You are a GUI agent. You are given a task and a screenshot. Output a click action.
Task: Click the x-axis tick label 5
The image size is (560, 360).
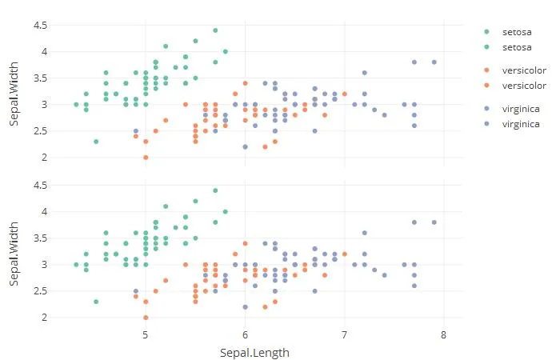[145, 336]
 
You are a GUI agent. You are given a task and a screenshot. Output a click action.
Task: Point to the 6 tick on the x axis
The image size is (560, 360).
[245, 336]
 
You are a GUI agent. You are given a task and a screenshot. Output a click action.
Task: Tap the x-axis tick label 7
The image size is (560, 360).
[345, 336]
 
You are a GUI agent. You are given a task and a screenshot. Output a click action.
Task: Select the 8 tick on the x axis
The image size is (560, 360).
[444, 336]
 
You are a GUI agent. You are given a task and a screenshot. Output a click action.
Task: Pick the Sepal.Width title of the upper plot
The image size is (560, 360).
[14, 91]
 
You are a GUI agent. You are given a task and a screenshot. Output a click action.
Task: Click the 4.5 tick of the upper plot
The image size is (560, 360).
[40, 26]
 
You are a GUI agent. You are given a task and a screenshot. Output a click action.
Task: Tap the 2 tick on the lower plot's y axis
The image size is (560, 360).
[45, 318]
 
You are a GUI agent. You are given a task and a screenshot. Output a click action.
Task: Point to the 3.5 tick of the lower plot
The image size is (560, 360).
[40, 238]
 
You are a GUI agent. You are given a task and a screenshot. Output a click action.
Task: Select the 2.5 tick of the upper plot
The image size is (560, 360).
[40, 131]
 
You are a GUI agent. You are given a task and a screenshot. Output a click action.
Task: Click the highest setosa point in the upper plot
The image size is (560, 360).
[215, 30]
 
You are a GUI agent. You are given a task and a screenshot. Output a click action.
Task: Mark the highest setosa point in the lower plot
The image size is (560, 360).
[215, 190]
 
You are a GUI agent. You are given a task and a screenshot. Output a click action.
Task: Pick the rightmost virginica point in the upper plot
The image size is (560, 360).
[434, 62]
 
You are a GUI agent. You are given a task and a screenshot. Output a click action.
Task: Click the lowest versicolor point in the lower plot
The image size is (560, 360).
[146, 318]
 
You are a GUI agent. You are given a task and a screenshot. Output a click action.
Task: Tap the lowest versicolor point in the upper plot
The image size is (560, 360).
[146, 158]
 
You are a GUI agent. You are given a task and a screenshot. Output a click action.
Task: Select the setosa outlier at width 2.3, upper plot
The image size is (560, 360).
[96, 142]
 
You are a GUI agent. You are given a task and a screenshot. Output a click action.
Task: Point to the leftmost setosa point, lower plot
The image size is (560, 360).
[76, 264]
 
